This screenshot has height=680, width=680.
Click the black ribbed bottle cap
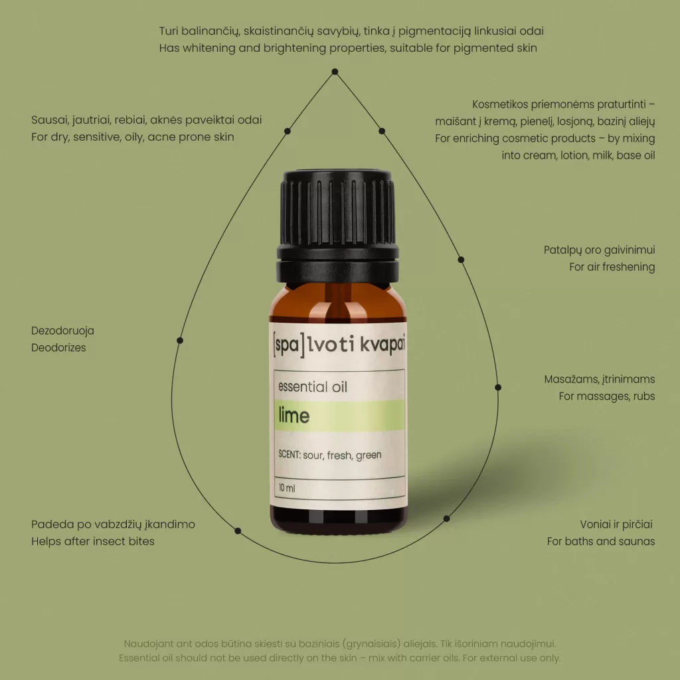coord(337,227)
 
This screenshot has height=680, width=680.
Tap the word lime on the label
coord(294,416)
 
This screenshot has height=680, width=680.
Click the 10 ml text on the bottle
coord(287,488)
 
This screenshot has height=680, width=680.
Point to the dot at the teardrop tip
coord(335,72)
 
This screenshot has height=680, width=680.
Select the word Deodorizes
coord(58,347)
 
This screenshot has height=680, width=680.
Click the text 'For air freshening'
coord(612,267)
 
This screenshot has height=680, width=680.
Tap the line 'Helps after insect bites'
coord(93,541)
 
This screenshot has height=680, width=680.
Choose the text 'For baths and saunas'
coord(600,541)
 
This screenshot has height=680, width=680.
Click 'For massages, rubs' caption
coord(607,396)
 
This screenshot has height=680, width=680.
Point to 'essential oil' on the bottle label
coord(313,386)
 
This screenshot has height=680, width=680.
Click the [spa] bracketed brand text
coord(288,345)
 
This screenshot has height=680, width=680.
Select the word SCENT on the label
coord(290,454)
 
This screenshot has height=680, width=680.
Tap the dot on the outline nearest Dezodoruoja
coord(180,341)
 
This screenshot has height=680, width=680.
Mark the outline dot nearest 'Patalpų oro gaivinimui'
coord(461,260)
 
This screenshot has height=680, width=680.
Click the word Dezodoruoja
coord(62,331)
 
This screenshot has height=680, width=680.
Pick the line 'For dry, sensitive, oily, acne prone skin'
coord(133,137)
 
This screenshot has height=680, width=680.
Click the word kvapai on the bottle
coord(382,345)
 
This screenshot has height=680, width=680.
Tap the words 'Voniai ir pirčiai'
coord(616,525)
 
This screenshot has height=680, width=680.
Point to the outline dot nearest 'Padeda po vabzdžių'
coord(238,531)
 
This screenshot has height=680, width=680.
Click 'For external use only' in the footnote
coord(511,658)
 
